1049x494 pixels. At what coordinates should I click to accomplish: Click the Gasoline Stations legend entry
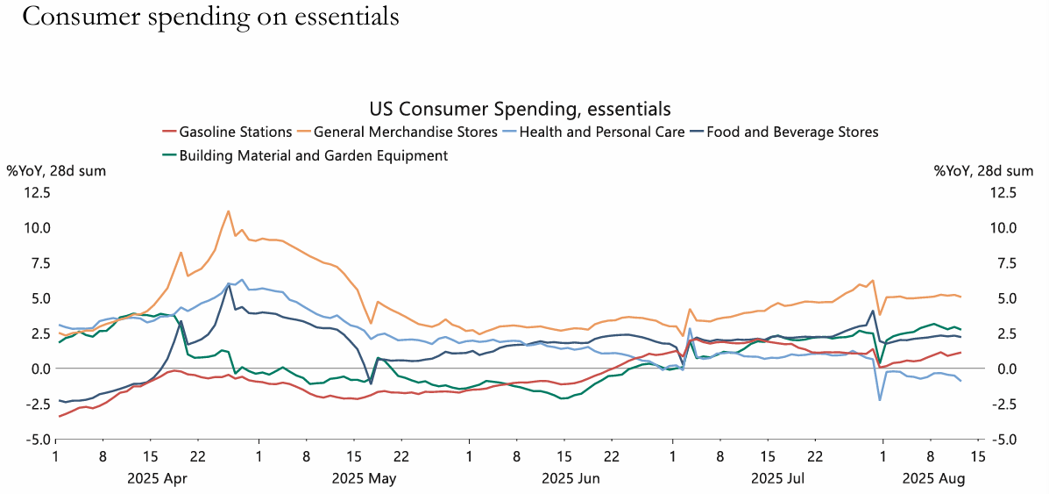(235, 132)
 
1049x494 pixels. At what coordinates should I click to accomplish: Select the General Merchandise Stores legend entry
(406, 132)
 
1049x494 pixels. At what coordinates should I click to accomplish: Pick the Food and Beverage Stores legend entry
(792, 132)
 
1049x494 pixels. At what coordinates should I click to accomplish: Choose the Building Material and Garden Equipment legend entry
(313, 155)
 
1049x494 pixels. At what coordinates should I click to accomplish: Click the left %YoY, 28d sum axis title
(56, 171)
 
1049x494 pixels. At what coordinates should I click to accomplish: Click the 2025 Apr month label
(158, 478)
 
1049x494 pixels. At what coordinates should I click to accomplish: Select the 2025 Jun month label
(571, 478)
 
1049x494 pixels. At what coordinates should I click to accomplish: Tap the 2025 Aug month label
(934, 478)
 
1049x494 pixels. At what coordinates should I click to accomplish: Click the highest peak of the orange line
(229, 211)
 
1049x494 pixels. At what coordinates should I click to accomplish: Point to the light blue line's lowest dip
(880, 400)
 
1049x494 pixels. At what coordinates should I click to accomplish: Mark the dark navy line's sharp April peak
(229, 283)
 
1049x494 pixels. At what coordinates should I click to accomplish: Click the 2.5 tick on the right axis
(1002, 333)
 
